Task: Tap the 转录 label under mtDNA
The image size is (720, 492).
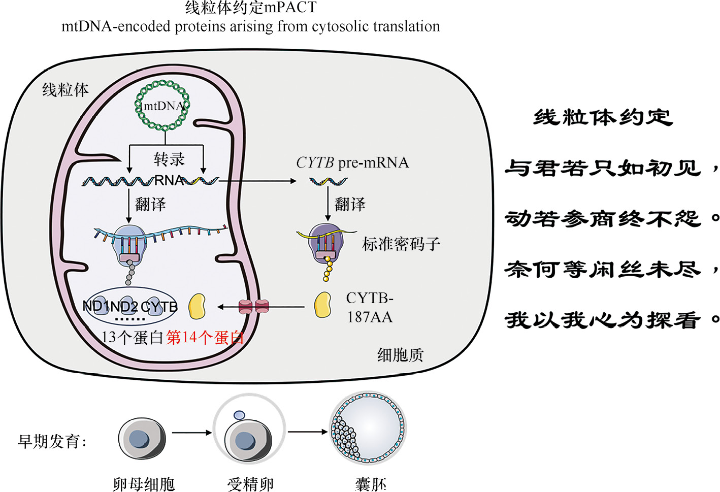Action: (x=169, y=159)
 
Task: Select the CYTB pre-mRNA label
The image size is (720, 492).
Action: (x=352, y=162)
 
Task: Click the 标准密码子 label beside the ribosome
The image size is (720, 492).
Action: (x=401, y=244)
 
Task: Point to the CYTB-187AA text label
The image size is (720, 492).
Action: (x=370, y=308)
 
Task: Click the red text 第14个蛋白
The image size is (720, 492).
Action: (x=205, y=337)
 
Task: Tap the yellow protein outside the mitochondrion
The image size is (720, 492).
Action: (x=322, y=305)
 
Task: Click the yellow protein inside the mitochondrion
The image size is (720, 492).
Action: (x=197, y=306)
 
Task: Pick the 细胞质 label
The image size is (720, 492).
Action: (x=400, y=354)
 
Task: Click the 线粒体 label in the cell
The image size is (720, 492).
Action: (x=65, y=90)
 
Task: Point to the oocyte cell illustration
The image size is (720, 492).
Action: (x=142, y=438)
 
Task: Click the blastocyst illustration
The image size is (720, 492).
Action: (x=368, y=430)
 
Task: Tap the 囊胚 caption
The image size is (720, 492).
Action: (x=371, y=484)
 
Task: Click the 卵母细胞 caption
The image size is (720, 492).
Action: (x=144, y=484)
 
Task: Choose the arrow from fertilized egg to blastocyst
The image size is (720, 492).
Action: (x=308, y=432)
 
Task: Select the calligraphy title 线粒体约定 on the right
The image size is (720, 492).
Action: (x=603, y=118)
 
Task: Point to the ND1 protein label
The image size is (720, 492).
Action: (x=95, y=306)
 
